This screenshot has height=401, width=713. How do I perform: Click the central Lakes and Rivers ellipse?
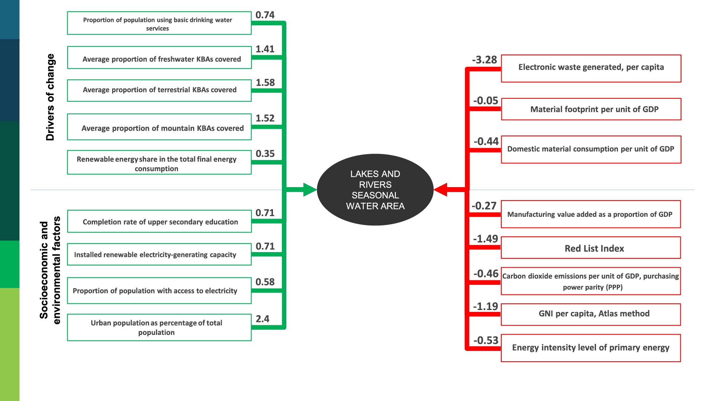click(x=375, y=190)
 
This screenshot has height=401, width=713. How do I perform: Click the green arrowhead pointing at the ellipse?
click(x=309, y=190)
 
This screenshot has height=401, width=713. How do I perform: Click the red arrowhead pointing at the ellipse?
click(x=441, y=190)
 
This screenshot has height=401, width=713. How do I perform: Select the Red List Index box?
click(x=590, y=248)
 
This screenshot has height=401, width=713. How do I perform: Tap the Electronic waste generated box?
click(x=591, y=68)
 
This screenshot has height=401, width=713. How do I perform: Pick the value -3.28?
click(x=484, y=60)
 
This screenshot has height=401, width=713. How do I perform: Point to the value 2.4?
click(x=263, y=319)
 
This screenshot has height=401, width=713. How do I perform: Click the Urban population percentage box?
click(x=159, y=327)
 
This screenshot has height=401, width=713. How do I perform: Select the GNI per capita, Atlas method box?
click(x=590, y=314)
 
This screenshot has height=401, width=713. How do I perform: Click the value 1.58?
click(x=265, y=82)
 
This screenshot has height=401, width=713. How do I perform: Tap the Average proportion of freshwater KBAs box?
click(x=159, y=58)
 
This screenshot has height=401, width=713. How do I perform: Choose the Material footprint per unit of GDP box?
click(x=591, y=109)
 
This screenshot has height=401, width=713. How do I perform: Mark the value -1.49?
click(x=485, y=239)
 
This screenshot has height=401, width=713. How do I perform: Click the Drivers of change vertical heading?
click(x=50, y=97)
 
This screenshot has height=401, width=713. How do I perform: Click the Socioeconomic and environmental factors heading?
click(x=50, y=270)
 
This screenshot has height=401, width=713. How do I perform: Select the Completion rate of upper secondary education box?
click(x=159, y=221)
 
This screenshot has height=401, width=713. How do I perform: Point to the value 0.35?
click(x=265, y=154)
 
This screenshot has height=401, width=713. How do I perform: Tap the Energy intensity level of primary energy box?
click(x=590, y=348)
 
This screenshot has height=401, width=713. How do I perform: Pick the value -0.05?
click(x=485, y=101)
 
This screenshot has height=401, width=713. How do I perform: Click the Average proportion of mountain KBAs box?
click(x=159, y=127)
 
